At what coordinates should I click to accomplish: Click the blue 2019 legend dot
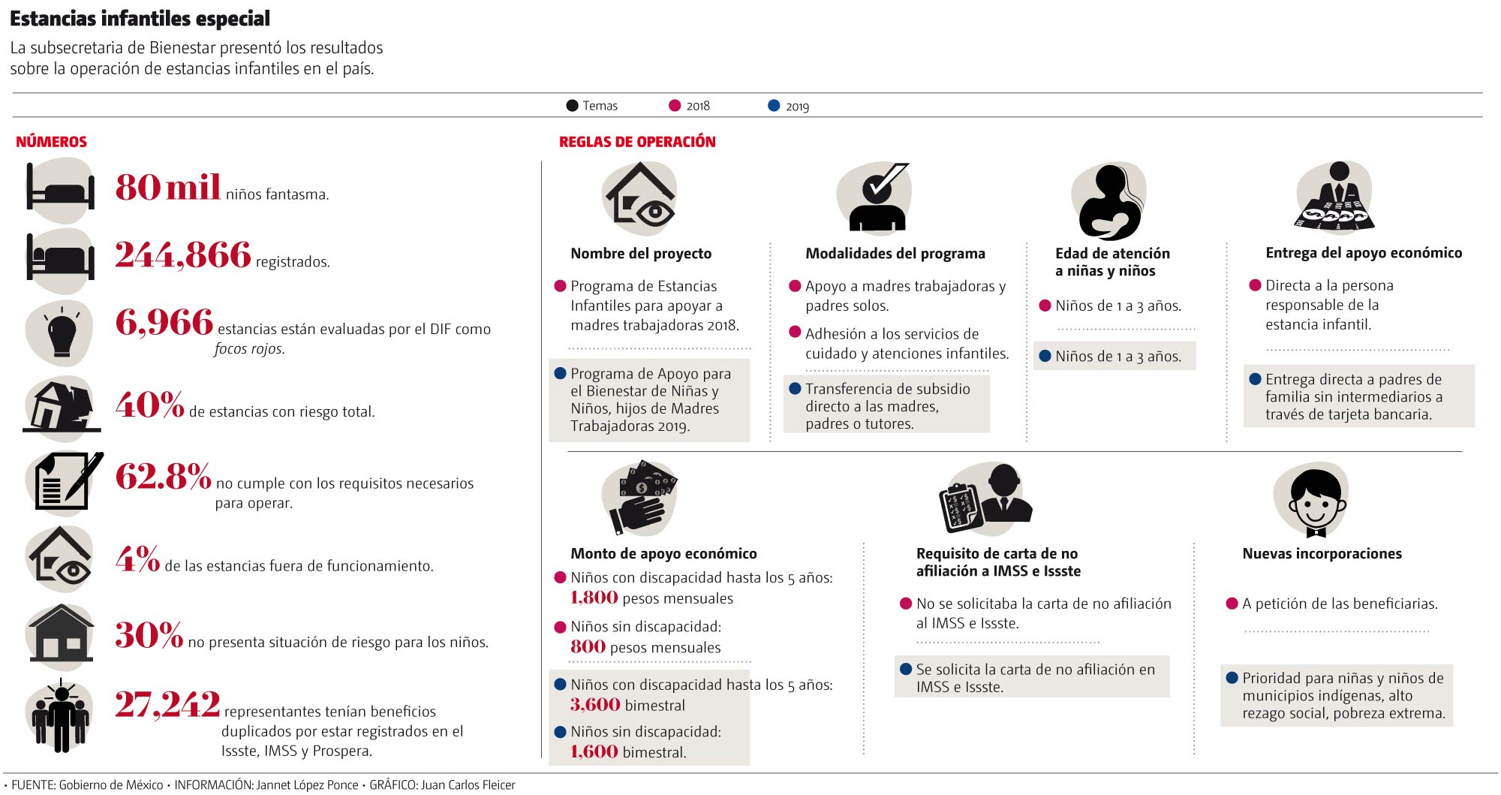point(774,106)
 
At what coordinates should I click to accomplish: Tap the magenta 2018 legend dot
point(675,106)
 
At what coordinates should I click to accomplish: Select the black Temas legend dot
point(572,106)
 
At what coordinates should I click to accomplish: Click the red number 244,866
point(182,255)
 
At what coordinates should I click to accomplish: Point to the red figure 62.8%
point(163,477)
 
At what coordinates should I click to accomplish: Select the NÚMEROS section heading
point(51,142)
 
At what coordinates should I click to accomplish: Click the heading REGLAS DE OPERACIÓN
point(637,142)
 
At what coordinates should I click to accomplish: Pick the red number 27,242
point(167,705)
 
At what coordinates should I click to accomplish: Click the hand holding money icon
point(640,496)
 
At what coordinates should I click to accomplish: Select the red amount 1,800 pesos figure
point(594,598)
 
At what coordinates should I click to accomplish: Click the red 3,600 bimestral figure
point(594,705)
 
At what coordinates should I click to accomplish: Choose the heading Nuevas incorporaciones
point(1322,554)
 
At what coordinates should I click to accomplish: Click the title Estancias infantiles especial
point(140,18)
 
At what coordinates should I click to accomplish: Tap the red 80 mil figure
point(167,187)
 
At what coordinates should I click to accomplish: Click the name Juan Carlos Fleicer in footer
point(468,785)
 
